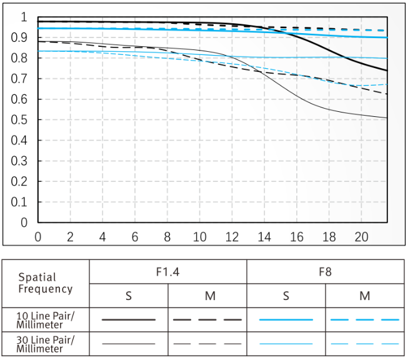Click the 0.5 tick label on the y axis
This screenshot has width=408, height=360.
pyautogui.click(x=19, y=120)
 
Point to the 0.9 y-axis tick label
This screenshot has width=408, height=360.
pyautogui.click(x=19, y=37)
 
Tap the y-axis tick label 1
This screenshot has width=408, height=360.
pyautogui.click(x=24, y=17)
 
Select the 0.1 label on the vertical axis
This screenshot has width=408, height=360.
pyautogui.click(x=19, y=202)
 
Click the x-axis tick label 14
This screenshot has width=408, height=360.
pyautogui.click(x=264, y=237)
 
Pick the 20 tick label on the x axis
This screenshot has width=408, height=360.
pyautogui.click(x=361, y=237)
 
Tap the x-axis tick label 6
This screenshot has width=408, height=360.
pyautogui.click(x=135, y=237)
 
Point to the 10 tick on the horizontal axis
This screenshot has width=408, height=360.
pyautogui.click(x=199, y=237)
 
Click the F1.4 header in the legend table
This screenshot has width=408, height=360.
pyautogui.click(x=167, y=272)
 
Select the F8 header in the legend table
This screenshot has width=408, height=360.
pyautogui.click(x=326, y=272)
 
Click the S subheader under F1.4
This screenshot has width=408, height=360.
pyautogui.click(x=129, y=296)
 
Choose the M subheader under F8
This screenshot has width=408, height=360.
pyautogui.click(x=364, y=296)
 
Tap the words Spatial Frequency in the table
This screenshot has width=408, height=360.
pyautogui.click(x=46, y=283)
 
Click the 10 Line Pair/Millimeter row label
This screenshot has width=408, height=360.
pyautogui.click(x=46, y=320)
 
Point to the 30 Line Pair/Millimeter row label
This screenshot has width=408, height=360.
pyautogui.click(x=46, y=344)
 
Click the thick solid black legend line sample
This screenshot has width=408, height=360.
pyautogui.click(x=129, y=319)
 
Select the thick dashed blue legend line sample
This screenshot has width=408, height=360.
pyautogui.click(x=364, y=319)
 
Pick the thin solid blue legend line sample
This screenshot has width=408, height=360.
pyautogui.click(x=286, y=344)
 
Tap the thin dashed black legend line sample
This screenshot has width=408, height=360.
pyautogui.click(x=207, y=344)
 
